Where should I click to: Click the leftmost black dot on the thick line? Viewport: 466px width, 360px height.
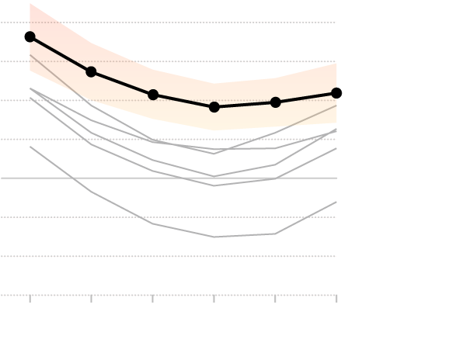30,36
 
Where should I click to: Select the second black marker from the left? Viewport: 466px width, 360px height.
91,71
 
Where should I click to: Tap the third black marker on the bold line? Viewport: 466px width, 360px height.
153,95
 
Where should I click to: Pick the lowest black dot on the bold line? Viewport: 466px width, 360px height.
214,106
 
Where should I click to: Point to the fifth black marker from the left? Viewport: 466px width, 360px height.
276,102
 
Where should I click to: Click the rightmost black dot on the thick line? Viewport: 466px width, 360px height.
336,92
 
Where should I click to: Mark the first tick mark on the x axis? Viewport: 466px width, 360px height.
30,298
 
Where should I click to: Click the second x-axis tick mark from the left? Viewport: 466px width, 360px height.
92,298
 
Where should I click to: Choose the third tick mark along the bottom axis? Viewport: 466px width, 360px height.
153,298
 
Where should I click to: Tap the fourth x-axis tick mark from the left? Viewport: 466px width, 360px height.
214,298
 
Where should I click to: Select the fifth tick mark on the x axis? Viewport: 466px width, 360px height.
276,298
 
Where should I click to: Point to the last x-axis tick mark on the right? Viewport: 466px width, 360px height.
336,298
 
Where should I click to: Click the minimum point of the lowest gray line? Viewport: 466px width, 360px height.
214,237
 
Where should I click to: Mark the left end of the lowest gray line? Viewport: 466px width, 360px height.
30,147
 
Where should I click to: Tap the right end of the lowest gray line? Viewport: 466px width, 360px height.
336,202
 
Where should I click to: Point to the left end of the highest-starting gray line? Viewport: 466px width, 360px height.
30,55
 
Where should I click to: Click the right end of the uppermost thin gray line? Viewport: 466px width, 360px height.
336,106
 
